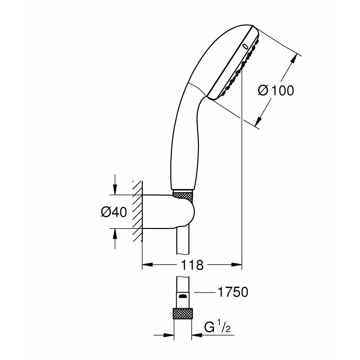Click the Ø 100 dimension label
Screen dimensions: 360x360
pyautogui.click(x=276, y=91)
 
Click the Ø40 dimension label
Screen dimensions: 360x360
pyautogui.click(x=114, y=212)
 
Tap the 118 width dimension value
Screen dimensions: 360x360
pyautogui.click(x=192, y=265)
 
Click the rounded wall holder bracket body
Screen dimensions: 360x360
pyautogui.click(x=168, y=212)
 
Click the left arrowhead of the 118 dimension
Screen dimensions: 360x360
pyautogui.click(x=148, y=265)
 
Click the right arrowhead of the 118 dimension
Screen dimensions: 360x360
pyautogui.click(x=236, y=265)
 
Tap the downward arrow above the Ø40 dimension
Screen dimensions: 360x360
pyautogui.click(x=115, y=189)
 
